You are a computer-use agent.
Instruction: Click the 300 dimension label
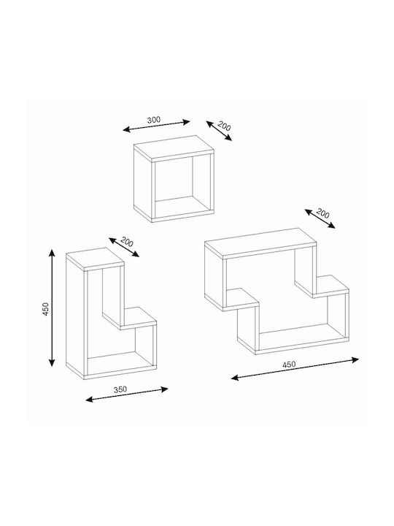pyautogui.click(x=154, y=119)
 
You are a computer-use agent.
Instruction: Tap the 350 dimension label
pyautogui.click(x=120, y=389)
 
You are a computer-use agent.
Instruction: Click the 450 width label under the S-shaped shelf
pyautogui.click(x=289, y=365)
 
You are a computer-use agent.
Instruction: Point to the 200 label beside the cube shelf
pyautogui.click(x=224, y=126)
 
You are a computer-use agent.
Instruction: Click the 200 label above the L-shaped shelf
pyautogui.click(x=127, y=242)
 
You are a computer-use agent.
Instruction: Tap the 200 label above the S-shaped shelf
pyautogui.click(x=322, y=213)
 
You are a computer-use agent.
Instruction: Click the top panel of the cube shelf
pyautogui.click(x=174, y=148)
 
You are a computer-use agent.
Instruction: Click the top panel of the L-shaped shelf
pyautogui.click(x=95, y=259)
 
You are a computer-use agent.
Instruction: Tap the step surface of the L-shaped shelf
pyautogui.click(x=130, y=316)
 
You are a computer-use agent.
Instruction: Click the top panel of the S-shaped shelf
pyautogui.click(x=260, y=243)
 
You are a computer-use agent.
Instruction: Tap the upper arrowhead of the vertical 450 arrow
pyautogui.click(x=52, y=253)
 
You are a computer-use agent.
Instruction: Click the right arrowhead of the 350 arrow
pyautogui.click(x=164, y=389)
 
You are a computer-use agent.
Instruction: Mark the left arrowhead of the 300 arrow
pyautogui.click(x=127, y=129)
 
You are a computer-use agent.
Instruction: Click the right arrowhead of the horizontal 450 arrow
pyautogui.click(x=355, y=359)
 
